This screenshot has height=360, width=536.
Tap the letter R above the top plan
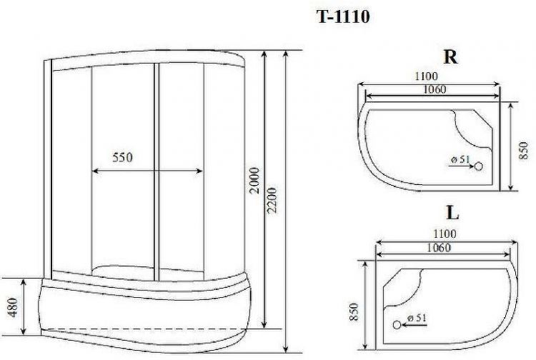pyautogui.click(x=450, y=58)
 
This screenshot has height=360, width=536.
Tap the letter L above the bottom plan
pyautogui.click(x=452, y=212)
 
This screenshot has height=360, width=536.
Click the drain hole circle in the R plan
pyautogui.click(x=479, y=166)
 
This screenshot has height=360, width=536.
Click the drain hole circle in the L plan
pyautogui.click(x=397, y=324)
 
